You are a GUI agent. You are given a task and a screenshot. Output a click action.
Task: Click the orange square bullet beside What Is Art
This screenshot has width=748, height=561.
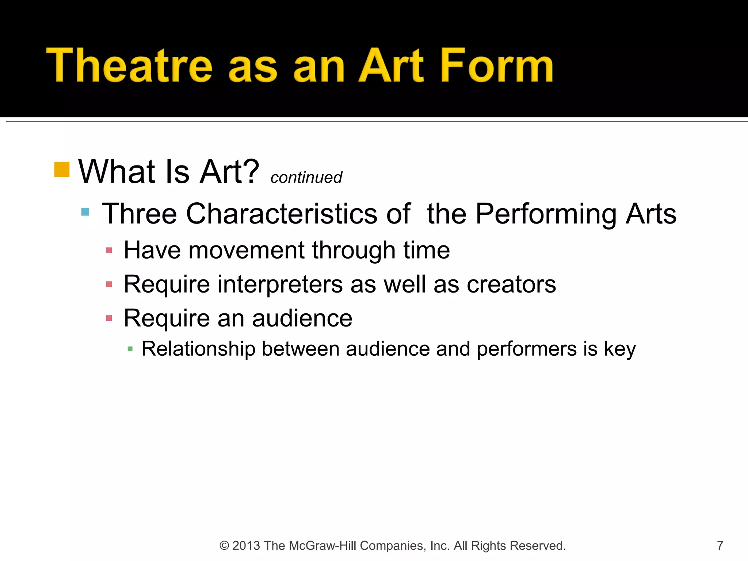(62, 169)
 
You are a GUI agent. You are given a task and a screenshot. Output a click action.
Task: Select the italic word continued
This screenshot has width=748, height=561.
(306, 178)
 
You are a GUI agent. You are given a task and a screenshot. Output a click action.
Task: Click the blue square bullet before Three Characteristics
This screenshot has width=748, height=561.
(85, 212)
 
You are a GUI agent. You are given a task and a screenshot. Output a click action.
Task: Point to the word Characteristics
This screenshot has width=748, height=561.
(281, 214)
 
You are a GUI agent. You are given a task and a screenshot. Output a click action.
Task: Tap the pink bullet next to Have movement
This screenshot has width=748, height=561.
(109, 251)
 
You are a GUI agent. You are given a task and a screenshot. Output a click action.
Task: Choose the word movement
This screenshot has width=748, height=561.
(246, 251)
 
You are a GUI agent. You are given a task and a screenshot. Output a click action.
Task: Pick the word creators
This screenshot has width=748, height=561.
(511, 285)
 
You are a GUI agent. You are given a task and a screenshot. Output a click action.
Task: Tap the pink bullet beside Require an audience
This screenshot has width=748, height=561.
(109, 318)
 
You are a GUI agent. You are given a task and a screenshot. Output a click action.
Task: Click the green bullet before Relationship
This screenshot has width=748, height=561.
(130, 349)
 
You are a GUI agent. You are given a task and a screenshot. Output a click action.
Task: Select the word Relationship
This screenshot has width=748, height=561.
(198, 349)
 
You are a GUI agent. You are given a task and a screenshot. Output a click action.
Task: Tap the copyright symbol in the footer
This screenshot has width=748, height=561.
(224, 546)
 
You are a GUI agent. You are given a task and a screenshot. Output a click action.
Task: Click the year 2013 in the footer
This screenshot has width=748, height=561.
(246, 546)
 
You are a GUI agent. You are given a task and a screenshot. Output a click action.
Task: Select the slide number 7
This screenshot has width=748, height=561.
(720, 546)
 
